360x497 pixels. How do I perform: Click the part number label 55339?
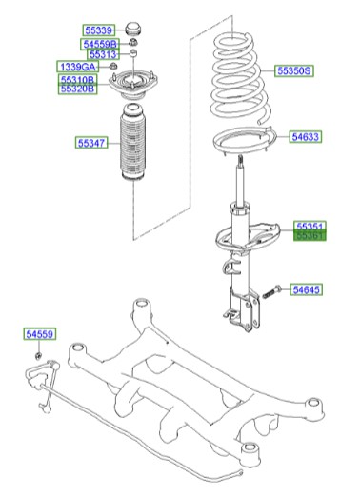pyautogui.click(x=97, y=30)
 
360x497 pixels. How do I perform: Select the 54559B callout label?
pyautogui.click(x=100, y=44)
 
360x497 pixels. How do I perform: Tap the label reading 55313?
pyautogui.click(x=102, y=55)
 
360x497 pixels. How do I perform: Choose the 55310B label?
pyautogui.click(x=77, y=79)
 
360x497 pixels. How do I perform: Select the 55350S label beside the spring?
pyautogui.click(x=294, y=70)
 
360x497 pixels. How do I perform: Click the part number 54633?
pyautogui.click(x=307, y=137)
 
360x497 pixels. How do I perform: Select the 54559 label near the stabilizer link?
pyautogui.click(x=41, y=334)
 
